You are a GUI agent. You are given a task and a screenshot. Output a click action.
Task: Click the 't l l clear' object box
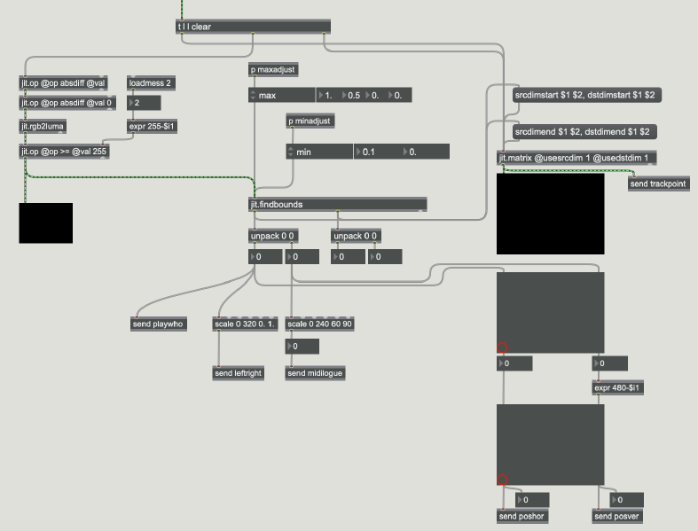tap(253, 27)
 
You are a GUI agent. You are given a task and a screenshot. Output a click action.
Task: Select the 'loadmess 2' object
tap(151, 83)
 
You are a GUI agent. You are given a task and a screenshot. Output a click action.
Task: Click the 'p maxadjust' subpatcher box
tap(272, 70)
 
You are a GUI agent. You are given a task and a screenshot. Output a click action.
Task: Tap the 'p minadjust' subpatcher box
tap(310, 121)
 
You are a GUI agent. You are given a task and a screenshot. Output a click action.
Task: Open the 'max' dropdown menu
tap(281, 95)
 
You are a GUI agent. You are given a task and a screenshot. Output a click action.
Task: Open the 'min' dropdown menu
tap(319, 152)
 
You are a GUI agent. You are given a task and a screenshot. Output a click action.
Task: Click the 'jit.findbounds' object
tap(337, 205)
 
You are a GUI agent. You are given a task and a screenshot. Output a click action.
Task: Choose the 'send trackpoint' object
tap(658, 184)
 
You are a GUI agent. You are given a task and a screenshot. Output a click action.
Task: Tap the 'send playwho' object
tap(158, 324)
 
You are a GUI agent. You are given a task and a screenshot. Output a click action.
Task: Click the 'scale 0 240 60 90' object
tap(320, 324)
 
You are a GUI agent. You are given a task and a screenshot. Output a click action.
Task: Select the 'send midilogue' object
tap(315, 373)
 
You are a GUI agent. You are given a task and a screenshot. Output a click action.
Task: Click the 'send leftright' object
tap(239, 373)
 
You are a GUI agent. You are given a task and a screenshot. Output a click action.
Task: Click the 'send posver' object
tap(616, 516)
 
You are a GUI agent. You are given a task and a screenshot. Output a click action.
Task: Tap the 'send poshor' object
tap(522, 516)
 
